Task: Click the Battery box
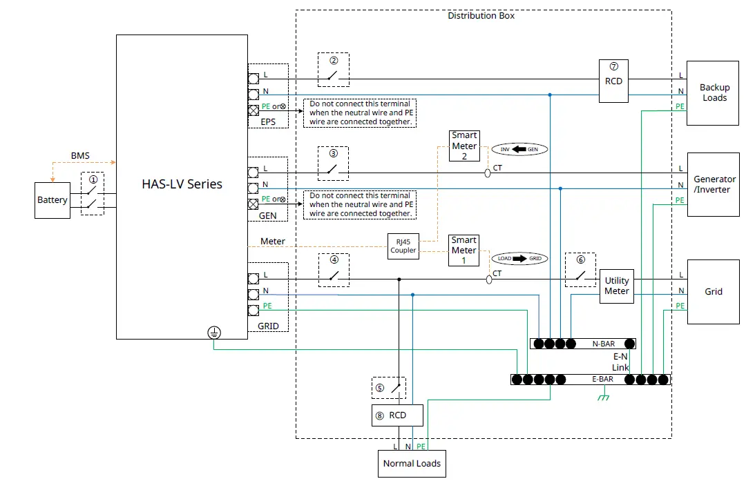[x=52, y=200]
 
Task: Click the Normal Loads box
[x=412, y=463]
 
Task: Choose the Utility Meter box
[x=616, y=286]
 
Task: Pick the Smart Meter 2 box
[x=464, y=146]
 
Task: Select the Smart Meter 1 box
[x=464, y=251]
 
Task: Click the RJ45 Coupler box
[x=403, y=246]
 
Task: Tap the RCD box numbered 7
[x=613, y=81]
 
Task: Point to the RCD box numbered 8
[x=397, y=415]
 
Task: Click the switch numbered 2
[x=334, y=70]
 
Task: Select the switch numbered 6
[x=580, y=269]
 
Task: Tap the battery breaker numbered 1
[x=93, y=194]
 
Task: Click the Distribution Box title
[x=481, y=15]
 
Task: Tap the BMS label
[x=80, y=157]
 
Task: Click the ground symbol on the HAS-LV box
[x=213, y=333]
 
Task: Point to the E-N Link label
[x=620, y=362]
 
